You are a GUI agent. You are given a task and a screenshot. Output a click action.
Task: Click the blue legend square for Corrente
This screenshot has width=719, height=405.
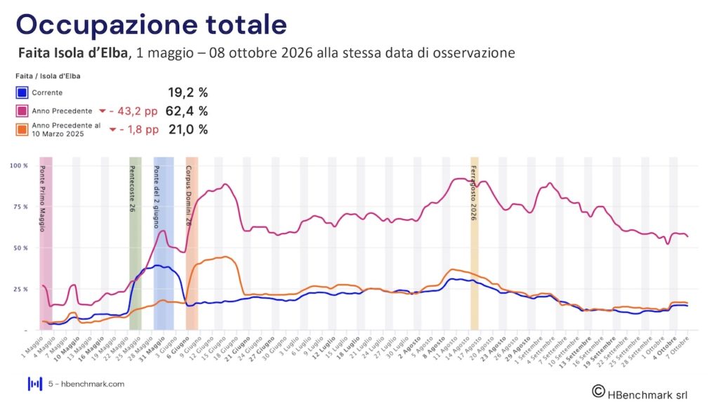click(22, 92)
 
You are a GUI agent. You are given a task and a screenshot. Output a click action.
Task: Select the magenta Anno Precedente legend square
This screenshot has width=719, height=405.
click(22, 110)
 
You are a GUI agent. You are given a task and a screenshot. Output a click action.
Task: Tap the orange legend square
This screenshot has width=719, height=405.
click(22, 129)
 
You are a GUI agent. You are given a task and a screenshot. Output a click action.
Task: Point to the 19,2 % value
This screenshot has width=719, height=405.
click(187, 92)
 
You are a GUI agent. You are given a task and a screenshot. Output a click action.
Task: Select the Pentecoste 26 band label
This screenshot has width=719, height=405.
click(132, 188)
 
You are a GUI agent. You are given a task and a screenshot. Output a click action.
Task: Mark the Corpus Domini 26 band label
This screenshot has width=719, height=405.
click(189, 195)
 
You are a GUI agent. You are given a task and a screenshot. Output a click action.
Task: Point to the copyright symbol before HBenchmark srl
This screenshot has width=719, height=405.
click(598, 390)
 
